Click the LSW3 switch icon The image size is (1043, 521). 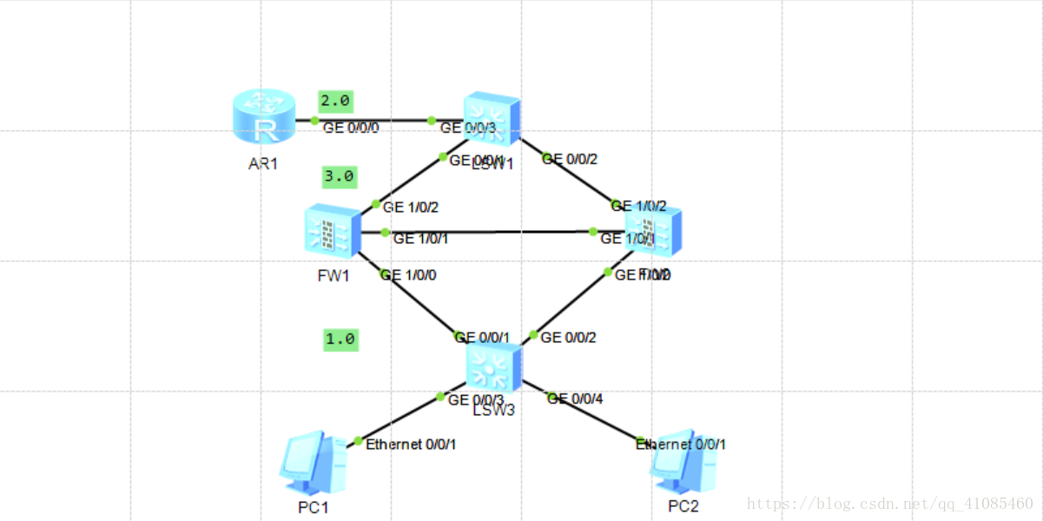point(493,365)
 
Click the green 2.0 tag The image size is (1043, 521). point(335,101)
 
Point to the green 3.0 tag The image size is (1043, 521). point(338,176)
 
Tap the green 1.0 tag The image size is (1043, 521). point(340,339)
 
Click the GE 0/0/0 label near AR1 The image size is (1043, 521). point(351,128)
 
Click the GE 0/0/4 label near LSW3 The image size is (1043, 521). point(574,399)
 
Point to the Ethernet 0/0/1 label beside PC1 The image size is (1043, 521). point(411,444)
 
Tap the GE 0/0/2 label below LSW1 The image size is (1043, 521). point(569,159)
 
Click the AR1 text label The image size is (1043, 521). point(263,162)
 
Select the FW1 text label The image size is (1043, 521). point(333,276)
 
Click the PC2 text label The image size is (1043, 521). point(683,506)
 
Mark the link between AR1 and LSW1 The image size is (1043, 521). point(373,121)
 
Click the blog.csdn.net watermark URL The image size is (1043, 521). point(889,503)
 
